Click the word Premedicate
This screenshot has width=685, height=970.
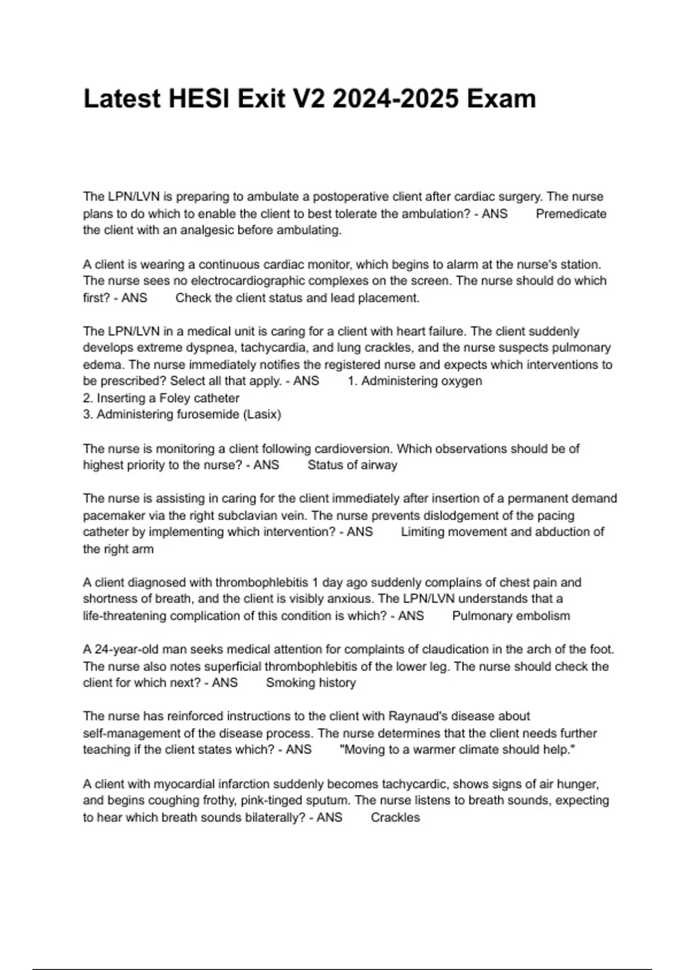[x=571, y=214]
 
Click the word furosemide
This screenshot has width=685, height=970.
[x=206, y=415]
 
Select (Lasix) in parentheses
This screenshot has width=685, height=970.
[x=262, y=415]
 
